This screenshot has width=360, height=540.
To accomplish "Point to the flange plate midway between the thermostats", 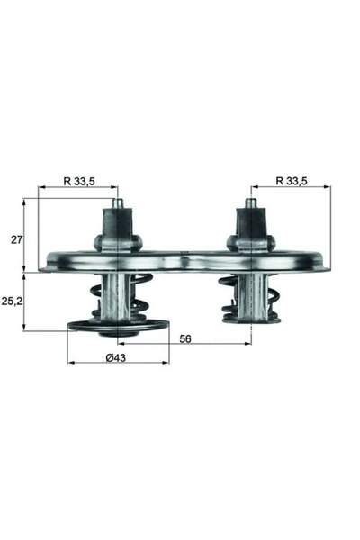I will click(x=184, y=262).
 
